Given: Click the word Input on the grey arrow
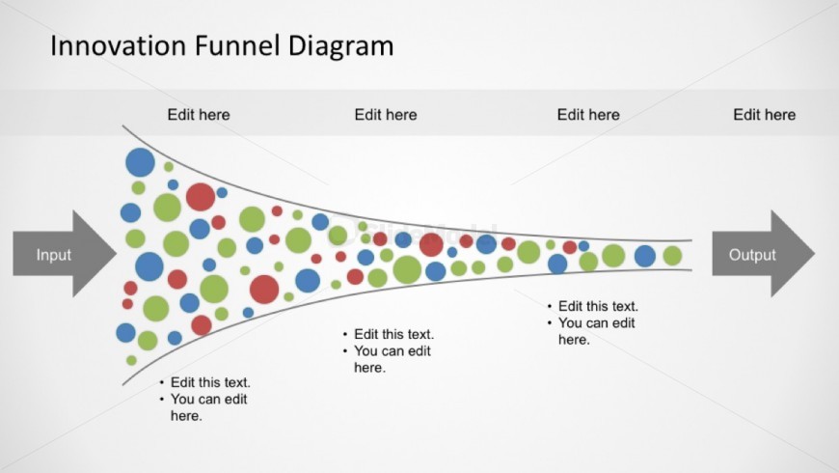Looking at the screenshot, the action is pos(53,255).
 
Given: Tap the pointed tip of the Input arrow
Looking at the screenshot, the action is pos(116,254).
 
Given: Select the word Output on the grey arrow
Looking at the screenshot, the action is pos(752,255).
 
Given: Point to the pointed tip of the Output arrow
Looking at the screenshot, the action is pos(815,254).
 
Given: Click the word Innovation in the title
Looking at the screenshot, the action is pos(119,45).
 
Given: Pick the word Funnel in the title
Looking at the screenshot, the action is pos(237,45).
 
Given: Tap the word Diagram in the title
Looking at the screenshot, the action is pos(340,46).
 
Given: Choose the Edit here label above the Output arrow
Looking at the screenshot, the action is pos(764,115).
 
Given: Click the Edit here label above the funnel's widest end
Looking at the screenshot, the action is pos(199,115).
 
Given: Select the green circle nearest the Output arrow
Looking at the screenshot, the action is pos(672,256).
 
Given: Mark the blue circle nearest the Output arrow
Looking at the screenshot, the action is pos(645,256).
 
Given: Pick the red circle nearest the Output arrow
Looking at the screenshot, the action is pos(570,247).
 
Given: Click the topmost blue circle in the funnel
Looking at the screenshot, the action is pos(140,162).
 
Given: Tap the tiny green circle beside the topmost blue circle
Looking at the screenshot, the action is pos(169,167).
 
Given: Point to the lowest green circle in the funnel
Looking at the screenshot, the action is pos(131,360).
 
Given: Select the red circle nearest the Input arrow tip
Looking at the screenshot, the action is pos(130,289).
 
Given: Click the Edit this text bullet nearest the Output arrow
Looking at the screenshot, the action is pos(598,306).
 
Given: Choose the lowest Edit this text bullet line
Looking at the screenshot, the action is pos(210,382).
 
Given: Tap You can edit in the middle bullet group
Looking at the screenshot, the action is pos(392,350).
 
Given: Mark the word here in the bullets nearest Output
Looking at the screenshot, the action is pos(574,340).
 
